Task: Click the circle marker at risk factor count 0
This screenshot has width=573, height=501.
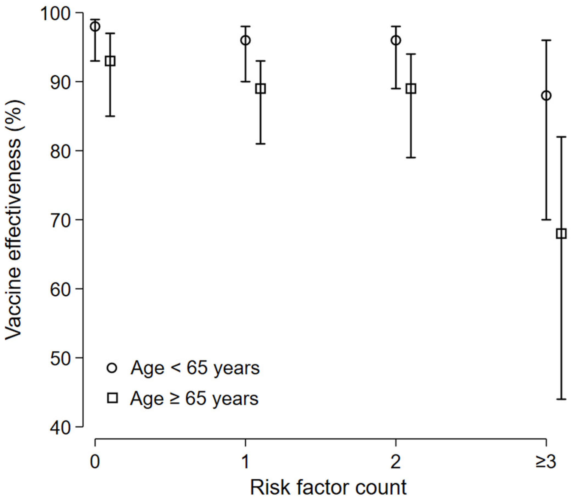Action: click(x=95, y=27)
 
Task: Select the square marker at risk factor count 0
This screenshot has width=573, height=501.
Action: click(x=110, y=61)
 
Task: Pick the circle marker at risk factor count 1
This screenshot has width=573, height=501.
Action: click(x=245, y=40)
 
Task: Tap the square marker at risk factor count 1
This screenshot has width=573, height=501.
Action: click(x=261, y=89)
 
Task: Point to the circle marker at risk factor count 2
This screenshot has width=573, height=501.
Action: click(x=396, y=40)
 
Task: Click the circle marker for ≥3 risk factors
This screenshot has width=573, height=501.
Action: click(x=546, y=96)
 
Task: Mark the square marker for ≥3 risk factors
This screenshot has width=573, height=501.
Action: click(x=561, y=233)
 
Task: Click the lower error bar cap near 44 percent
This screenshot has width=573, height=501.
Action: click(x=561, y=399)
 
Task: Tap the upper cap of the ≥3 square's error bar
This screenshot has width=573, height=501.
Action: click(x=561, y=137)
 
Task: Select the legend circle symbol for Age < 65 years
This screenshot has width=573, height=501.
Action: click(x=112, y=368)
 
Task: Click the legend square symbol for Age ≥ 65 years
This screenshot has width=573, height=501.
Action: click(x=112, y=398)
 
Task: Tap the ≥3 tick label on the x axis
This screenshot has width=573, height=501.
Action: click(x=546, y=462)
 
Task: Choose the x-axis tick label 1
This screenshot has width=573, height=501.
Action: click(x=245, y=462)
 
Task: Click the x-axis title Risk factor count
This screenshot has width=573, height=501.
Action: click(x=328, y=488)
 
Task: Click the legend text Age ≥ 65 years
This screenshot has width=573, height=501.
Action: click(x=194, y=398)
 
